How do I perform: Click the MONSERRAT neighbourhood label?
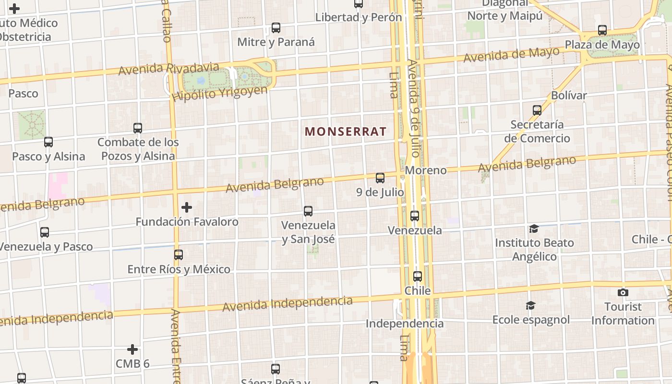coord(346,132)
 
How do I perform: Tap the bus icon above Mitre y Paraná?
coord(276,28)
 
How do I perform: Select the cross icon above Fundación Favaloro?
coord(187,207)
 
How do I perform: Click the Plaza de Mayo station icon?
coord(602,30)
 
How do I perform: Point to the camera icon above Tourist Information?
coord(623,292)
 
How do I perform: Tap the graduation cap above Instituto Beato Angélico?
coord(534,228)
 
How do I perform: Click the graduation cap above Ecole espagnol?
coord(530,305)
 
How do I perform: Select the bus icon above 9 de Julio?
coord(380,178)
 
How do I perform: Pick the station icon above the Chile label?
coord(418,276)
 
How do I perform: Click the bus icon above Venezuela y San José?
coord(308,211)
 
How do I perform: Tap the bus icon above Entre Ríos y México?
coord(179,255)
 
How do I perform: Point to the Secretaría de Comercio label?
coord(537,132)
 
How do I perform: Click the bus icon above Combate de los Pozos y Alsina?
coord(138,128)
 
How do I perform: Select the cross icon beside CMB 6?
coord(132,349)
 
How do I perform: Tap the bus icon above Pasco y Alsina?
coord(48,142)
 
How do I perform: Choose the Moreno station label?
coord(426,170)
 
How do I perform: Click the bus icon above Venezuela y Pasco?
coord(45,232)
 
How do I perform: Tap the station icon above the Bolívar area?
coord(537,110)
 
